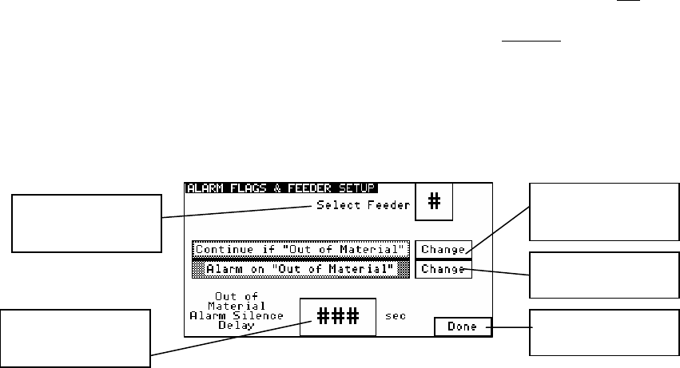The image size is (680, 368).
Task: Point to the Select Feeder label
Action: tap(361, 205)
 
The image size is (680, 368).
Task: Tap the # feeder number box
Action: tap(434, 202)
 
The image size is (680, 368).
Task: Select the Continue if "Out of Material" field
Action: tap(301, 248)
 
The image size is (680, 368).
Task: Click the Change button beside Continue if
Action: tap(443, 249)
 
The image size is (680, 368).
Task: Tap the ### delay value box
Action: tap(336, 316)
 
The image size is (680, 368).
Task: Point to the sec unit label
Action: tap(395, 316)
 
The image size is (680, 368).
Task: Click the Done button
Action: tap(462, 326)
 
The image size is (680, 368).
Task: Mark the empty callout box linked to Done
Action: tap(604, 331)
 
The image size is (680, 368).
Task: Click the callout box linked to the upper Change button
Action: tap(604, 211)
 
